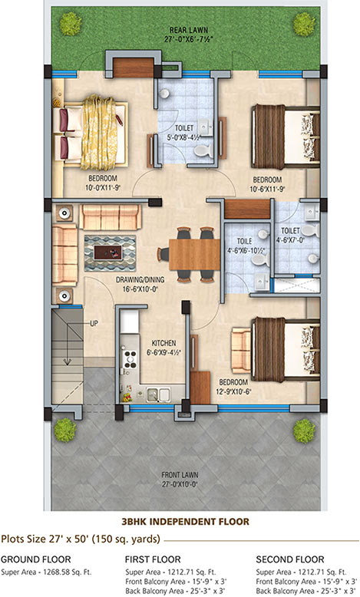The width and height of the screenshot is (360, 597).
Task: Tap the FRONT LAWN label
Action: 180,475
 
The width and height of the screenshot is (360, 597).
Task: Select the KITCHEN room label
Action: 163,343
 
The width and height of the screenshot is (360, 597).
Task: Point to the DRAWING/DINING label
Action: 140,279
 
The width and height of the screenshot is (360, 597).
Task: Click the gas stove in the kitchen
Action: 130,358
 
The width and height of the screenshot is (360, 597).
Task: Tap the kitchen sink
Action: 158,394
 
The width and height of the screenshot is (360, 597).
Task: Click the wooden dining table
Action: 194,254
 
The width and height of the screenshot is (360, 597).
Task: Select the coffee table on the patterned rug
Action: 107,252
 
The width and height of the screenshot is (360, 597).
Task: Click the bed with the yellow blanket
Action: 91,132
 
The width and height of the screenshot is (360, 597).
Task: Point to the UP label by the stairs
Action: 94,323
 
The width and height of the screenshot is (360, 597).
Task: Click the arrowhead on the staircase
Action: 68,361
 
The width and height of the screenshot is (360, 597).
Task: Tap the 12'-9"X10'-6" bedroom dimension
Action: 233,391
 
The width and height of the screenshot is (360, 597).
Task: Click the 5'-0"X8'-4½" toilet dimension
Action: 184,137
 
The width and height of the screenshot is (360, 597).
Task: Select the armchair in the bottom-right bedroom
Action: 241,350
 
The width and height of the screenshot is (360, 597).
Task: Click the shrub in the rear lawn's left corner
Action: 71,24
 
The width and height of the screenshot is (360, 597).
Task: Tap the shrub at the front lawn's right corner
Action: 304,430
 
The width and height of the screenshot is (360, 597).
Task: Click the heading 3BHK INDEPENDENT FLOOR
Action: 185,521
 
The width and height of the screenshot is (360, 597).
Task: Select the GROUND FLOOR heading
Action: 36,559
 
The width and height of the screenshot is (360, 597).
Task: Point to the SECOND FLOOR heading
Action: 290,559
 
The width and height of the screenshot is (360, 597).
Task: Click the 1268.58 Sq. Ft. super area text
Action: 67,572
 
